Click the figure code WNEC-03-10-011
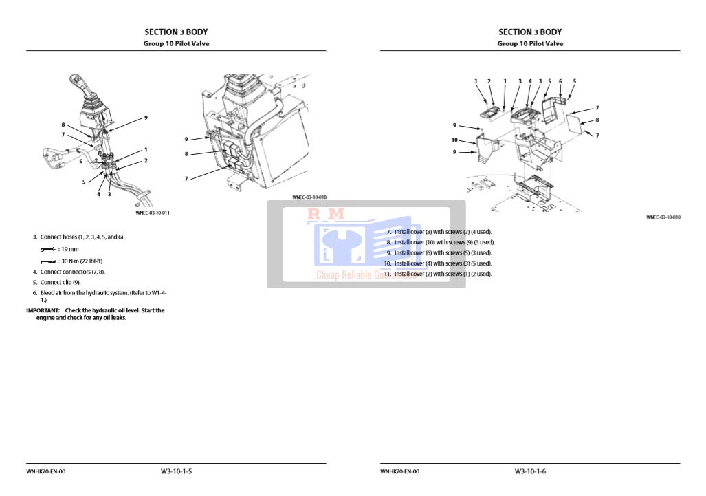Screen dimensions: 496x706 tap(153, 213)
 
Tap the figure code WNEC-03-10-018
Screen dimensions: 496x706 tap(309, 197)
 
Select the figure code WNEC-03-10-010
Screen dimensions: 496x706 tap(663, 217)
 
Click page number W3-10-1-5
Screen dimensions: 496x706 tap(176, 471)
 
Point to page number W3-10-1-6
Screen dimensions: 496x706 tap(530, 471)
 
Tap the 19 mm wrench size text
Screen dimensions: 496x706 tap(70, 249)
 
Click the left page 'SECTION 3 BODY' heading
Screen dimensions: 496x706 tap(176, 32)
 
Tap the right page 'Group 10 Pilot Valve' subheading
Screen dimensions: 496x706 tap(530, 43)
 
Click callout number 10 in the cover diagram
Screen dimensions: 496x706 tap(454, 140)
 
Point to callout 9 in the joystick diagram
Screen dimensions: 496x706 tap(146, 118)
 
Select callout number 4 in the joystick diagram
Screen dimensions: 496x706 tap(98, 194)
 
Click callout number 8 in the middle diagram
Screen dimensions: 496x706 tap(186, 154)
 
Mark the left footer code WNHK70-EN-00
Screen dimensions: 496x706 tap(46, 471)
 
